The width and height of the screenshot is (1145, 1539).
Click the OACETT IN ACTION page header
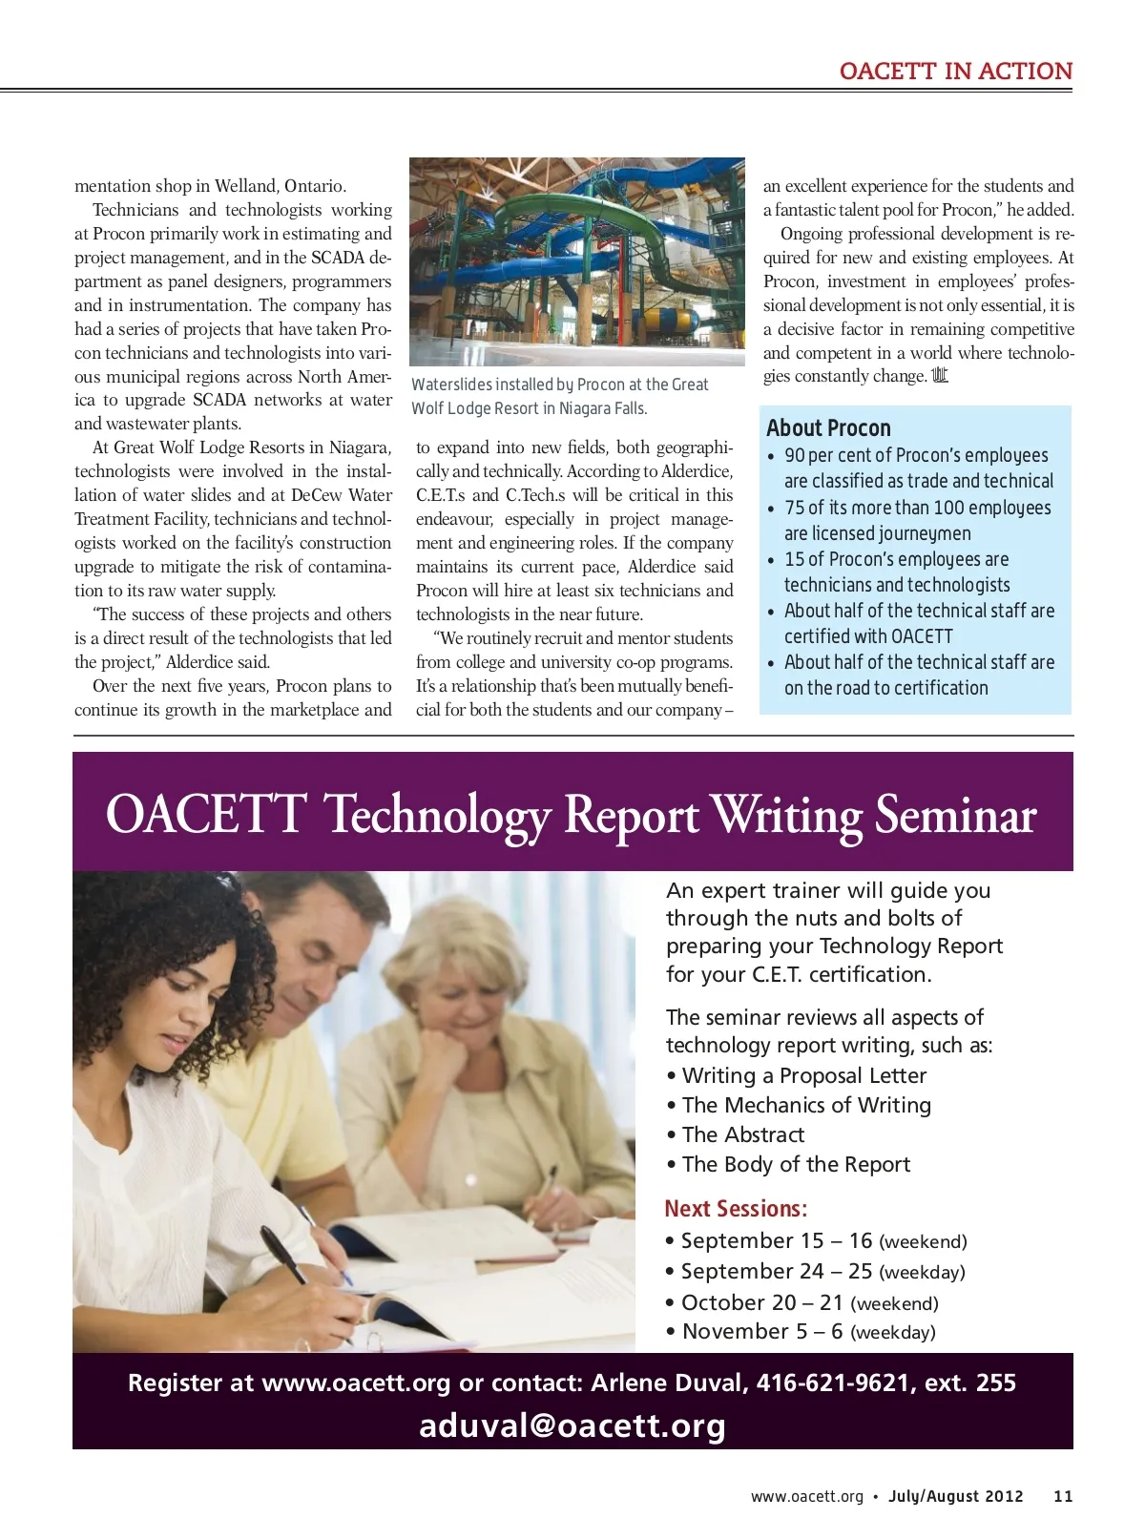coord(955,72)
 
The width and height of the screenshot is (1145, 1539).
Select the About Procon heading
coord(828,428)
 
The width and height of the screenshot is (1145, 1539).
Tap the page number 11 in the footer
coord(1063,1496)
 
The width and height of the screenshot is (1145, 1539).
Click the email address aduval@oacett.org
coord(572,1425)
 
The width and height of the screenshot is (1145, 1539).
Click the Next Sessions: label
coord(736,1209)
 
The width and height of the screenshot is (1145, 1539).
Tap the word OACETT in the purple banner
coord(206,816)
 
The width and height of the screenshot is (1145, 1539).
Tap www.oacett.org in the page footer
coord(806,1496)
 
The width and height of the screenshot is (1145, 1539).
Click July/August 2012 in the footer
coord(955,1496)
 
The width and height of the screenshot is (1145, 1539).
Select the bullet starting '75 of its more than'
coord(917,520)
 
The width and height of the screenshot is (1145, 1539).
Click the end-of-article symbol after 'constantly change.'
coord(940,376)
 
